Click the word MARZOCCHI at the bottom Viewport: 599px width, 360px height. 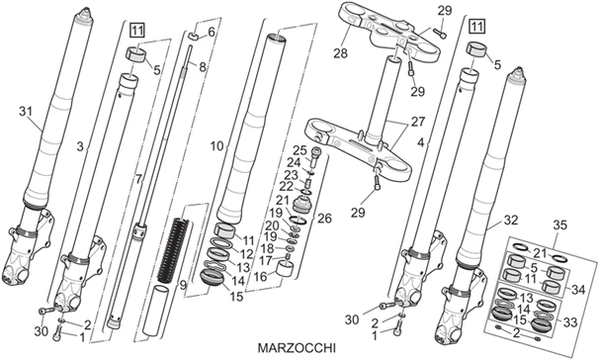click(x=297, y=348)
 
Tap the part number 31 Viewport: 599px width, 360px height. click(x=26, y=112)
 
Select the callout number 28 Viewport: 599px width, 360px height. click(x=340, y=53)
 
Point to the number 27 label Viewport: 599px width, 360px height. click(x=418, y=122)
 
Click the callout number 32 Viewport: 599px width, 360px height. click(x=511, y=221)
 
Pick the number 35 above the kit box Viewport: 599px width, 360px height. click(x=561, y=225)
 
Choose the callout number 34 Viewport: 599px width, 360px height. click(x=578, y=290)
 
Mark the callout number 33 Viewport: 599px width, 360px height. click(x=570, y=323)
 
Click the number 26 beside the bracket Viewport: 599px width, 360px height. click(x=324, y=219)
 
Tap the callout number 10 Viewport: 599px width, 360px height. click(x=217, y=146)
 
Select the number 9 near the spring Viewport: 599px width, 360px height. click(x=184, y=285)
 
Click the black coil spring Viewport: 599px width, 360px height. click(x=173, y=248)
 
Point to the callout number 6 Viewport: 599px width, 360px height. click(x=212, y=32)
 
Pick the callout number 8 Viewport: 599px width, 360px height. click(x=202, y=67)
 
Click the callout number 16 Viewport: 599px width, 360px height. click(x=261, y=276)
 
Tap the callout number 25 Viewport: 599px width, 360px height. click(x=299, y=150)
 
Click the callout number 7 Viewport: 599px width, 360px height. click(x=138, y=178)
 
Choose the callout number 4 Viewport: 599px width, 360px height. click(x=421, y=143)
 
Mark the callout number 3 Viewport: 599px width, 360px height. click(x=80, y=146)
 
